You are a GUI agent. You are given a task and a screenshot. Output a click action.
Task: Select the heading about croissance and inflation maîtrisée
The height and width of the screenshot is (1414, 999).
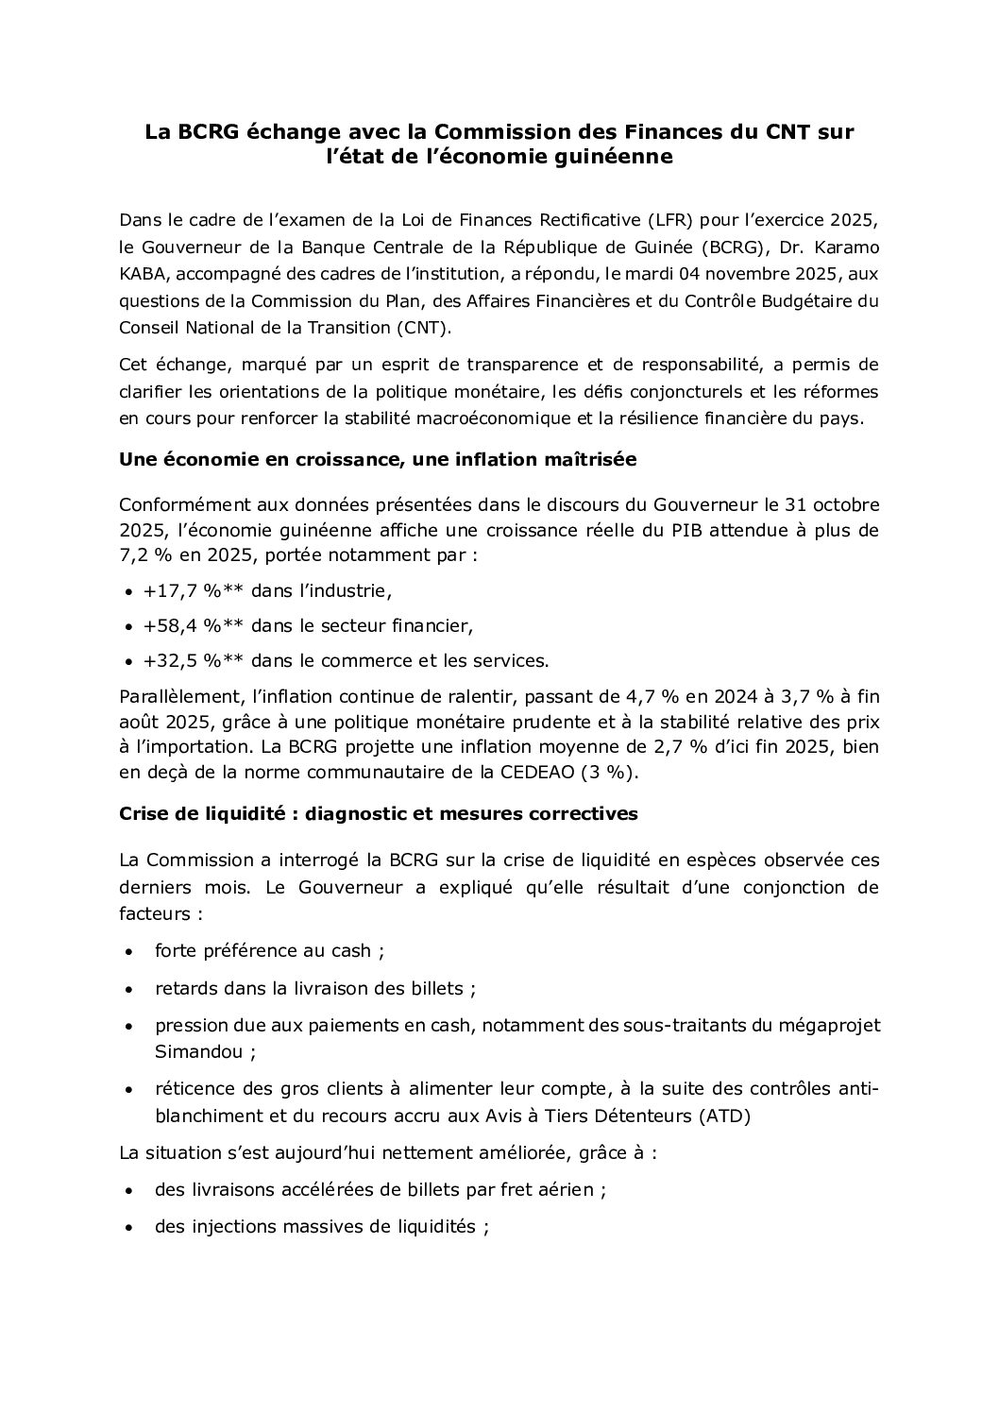[378, 459]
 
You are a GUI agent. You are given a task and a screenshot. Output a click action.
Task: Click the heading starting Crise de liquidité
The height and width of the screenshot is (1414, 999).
[379, 813]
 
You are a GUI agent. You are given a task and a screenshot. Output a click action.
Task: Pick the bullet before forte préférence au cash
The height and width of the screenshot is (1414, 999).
[127, 951]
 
